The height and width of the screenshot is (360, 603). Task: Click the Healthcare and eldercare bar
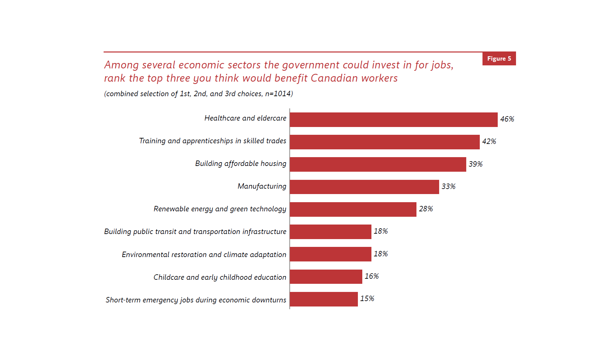tap(393, 120)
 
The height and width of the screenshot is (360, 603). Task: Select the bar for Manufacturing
tap(364, 187)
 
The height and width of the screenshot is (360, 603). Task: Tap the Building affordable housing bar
tap(378, 164)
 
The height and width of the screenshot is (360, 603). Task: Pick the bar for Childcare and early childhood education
tap(326, 277)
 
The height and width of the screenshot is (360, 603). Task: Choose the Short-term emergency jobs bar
tap(324, 299)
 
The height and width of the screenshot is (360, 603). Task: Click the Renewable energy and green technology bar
tap(353, 209)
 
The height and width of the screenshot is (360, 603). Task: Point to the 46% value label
tap(507, 119)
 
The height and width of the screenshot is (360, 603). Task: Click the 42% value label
tap(489, 142)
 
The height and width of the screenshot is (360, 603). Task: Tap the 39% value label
tap(475, 164)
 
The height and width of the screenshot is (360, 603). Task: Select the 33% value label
tap(448, 187)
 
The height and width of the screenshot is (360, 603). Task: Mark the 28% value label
tap(426, 209)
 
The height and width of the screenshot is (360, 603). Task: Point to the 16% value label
tap(371, 276)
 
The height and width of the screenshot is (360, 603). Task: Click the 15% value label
tap(367, 299)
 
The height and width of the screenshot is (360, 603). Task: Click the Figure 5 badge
tap(499, 59)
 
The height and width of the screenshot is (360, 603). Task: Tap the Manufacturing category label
tap(262, 186)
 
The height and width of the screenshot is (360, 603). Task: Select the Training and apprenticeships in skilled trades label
tap(213, 141)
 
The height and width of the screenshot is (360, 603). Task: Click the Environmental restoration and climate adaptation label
tap(204, 255)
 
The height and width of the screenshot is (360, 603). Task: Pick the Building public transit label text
tap(195, 232)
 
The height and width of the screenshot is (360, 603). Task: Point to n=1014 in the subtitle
tap(279, 94)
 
